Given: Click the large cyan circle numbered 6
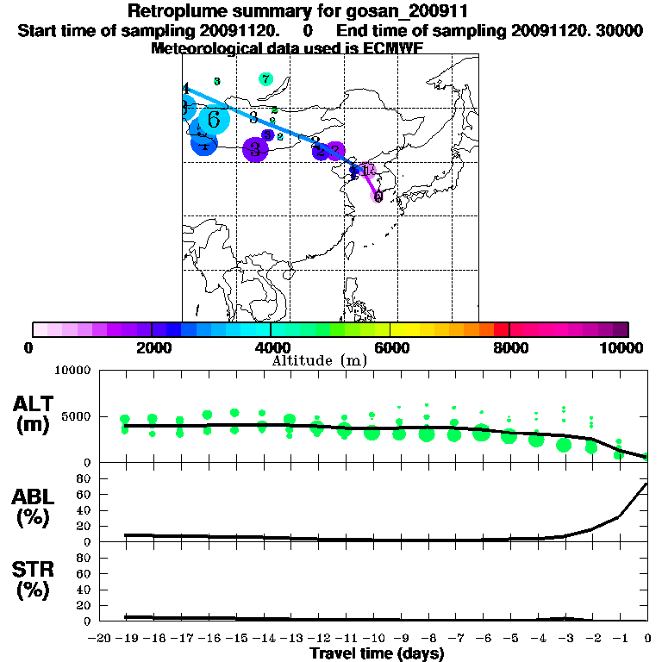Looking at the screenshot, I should point(214,120).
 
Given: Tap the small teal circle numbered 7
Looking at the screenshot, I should point(265,79).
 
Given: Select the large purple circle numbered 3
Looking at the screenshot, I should point(255,150).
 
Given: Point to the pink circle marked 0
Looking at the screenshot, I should point(378,197).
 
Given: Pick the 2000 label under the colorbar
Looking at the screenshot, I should point(150,347).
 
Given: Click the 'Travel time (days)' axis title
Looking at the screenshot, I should point(377,653).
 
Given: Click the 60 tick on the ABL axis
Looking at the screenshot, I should point(84,494).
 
